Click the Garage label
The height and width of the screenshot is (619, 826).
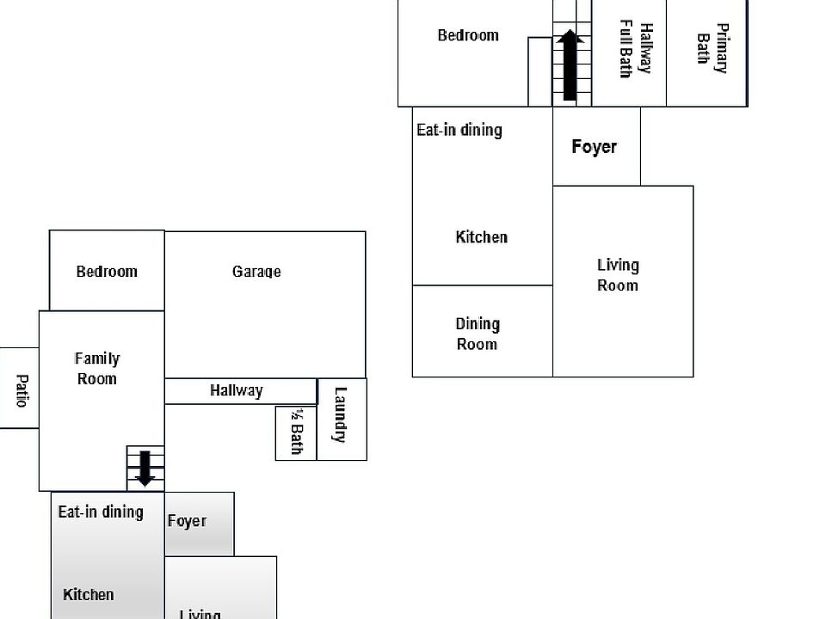(256, 272)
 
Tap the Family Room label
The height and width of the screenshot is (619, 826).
(97, 369)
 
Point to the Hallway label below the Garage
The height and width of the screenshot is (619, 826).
(237, 390)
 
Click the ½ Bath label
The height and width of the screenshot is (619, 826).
(296, 431)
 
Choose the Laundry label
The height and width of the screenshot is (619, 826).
(340, 414)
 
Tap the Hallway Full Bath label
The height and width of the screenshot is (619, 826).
(637, 50)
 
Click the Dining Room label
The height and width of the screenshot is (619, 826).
(478, 334)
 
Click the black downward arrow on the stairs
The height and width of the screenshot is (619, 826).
(145, 467)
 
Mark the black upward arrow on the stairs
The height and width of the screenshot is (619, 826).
(570, 65)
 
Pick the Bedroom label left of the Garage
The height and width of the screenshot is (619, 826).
(107, 272)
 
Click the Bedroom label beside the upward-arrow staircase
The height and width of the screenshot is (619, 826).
(468, 35)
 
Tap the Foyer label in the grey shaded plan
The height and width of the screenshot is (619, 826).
(187, 521)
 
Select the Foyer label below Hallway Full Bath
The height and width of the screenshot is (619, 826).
(595, 147)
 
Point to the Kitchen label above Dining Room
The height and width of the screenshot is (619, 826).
(482, 237)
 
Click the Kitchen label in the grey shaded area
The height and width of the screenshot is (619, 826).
(89, 595)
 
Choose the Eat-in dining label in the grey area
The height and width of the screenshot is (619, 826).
(101, 512)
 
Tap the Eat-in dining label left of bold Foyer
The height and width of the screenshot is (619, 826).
(459, 130)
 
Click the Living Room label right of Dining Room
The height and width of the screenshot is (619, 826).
(618, 275)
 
